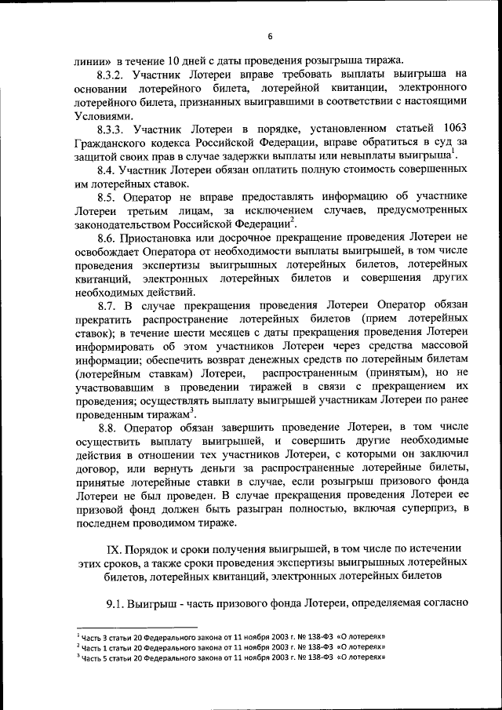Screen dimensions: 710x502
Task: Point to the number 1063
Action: coord(456,129)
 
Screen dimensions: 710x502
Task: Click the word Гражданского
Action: coord(112,143)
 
